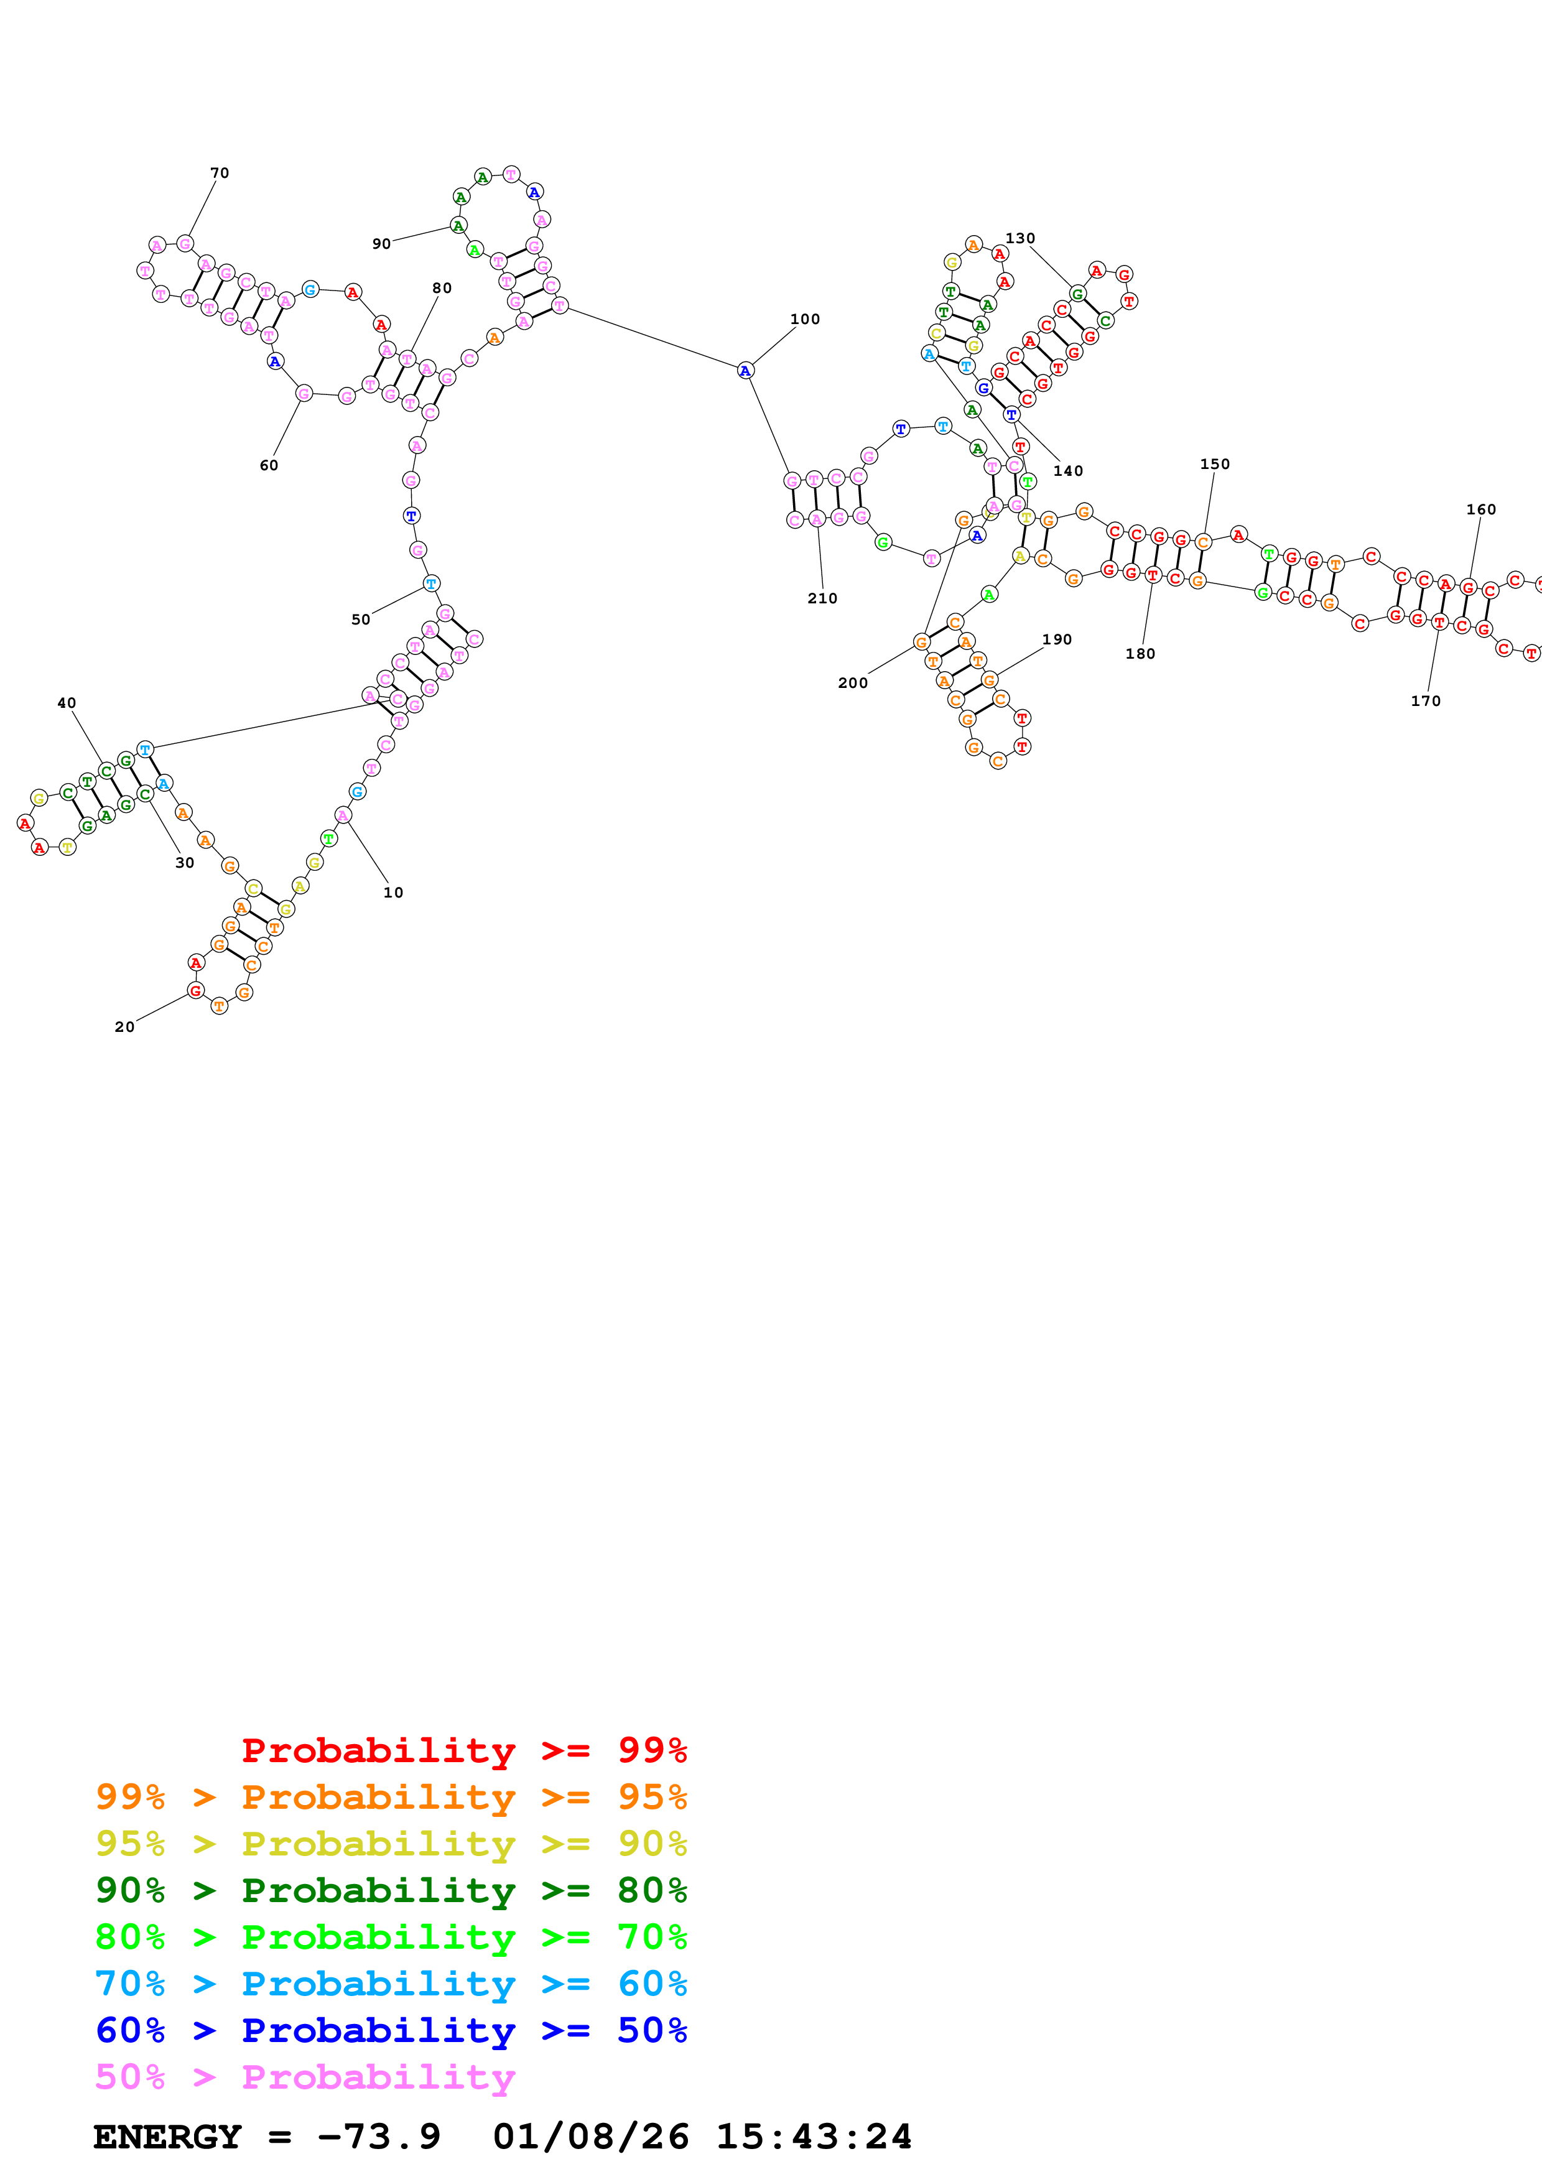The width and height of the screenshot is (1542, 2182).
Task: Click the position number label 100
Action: (x=805, y=319)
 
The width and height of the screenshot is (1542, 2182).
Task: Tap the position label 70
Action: (x=220, y=173)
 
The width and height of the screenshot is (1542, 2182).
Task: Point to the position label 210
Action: (x=823, y=598)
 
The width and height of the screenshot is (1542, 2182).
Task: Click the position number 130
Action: (x=1020, y=238)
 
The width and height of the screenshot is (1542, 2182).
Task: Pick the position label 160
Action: (x=1481, y=509)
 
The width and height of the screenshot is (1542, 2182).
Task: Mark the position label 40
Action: (x=67, y=703)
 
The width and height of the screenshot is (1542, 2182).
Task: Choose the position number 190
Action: (x=1056, y=639)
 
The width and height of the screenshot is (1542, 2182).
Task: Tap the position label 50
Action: (x=361, y=620)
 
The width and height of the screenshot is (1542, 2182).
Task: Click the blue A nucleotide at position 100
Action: (x=745, y=371)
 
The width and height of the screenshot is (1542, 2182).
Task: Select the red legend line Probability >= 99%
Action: (x=463, y=1750)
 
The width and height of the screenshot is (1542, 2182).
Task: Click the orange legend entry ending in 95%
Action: (x=391, y=1797)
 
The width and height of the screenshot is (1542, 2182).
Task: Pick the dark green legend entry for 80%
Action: (x=391, y=1890)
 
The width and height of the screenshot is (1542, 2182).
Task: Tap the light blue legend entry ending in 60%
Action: (x=391, y=1984)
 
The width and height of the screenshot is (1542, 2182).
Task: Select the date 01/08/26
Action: (x=591, y=2137)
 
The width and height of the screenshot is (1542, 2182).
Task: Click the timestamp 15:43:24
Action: (x=813, y=2137)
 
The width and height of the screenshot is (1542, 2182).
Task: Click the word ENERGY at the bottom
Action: (x=167, y=2137)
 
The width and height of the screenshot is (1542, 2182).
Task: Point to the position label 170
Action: (x=1425, y=700)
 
